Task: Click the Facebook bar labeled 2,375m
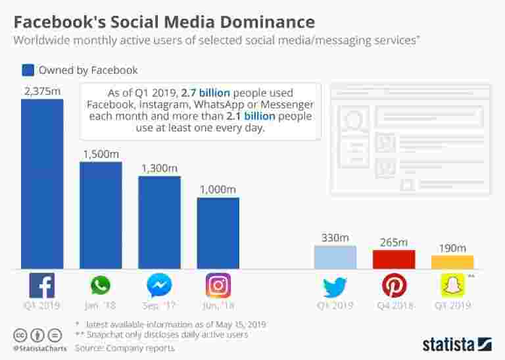(42, 184)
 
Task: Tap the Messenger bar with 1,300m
(159, 222)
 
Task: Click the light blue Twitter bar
(335, 257)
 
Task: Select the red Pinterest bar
(394, 259)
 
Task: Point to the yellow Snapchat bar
(452, 262)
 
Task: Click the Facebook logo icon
(42, 286)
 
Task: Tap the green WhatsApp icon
(101, 286)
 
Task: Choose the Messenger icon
(159, 286)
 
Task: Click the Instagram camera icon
(218, 286)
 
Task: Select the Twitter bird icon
(335, 286)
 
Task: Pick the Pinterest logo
(394, 286)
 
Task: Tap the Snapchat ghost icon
(452, 286)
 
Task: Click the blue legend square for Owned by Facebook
(28, 70)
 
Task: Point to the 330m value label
(335, 238)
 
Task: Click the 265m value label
(394, 242)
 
